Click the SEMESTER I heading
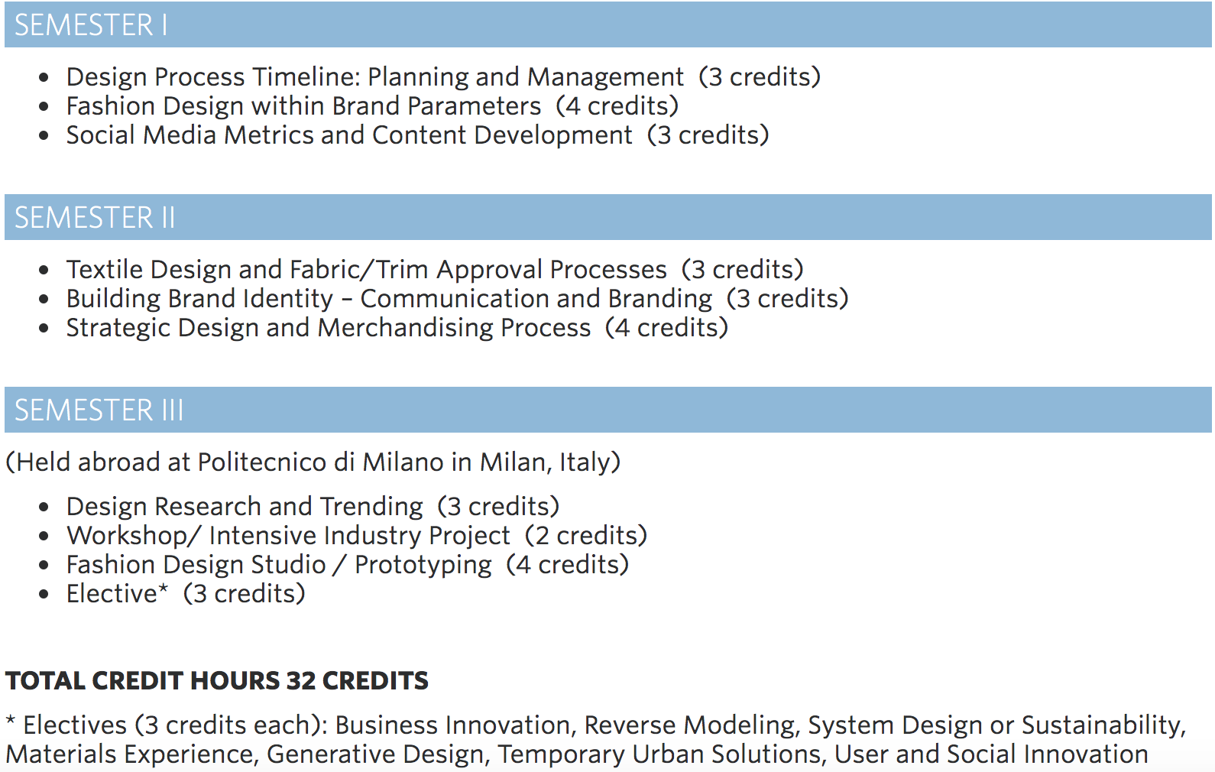pos(91,25)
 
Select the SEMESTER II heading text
pos(95,218)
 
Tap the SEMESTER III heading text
pos(99,410)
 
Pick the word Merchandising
pos(405,328)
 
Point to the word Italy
pos(584,462)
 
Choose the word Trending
pos(371,507)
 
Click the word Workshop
pos(127,536)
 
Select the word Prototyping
pos(423,566)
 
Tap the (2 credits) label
pos(586,536)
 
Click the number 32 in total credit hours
pos(301,681)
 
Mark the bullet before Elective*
pos(44,595)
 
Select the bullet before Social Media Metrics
pos(44,135)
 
